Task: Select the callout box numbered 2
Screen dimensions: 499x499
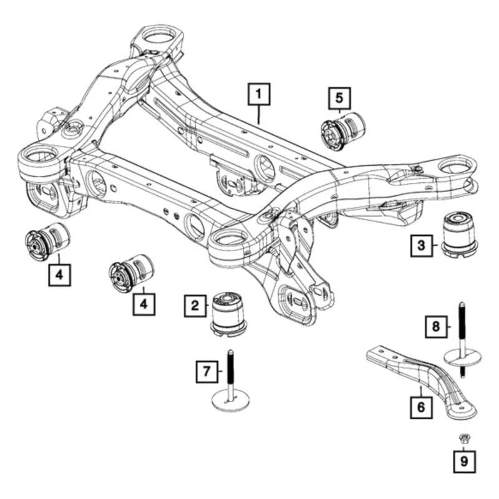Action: [195, 306]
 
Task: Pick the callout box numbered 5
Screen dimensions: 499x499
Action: [339, 97]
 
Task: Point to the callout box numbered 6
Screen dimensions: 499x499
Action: [420, 409]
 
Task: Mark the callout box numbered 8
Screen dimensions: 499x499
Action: [437, 326]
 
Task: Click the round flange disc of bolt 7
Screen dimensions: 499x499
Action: [230, 400]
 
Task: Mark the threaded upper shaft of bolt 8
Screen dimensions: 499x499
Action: [462, 324]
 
